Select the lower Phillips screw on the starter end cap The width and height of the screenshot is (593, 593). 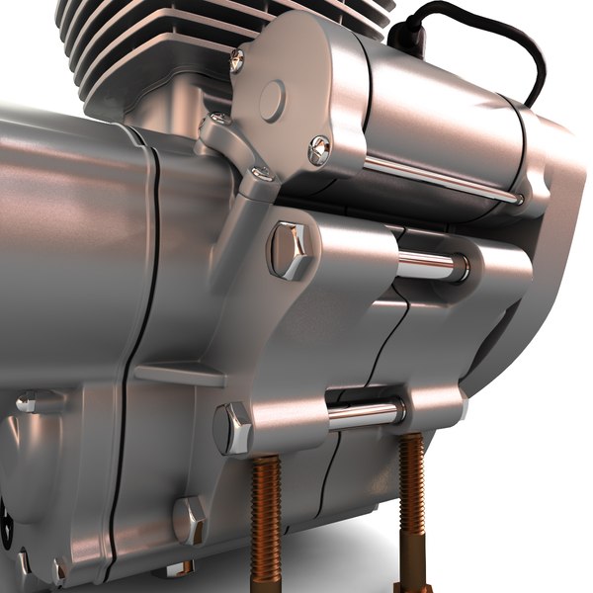click(x=318, y=150)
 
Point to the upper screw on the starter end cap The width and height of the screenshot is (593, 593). click(x=237, y=61)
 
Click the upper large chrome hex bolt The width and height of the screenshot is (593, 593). click(x=289, y=249)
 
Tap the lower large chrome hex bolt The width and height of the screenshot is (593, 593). click(x=234, y=428)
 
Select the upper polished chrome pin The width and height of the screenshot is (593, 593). click(x=431, y=264)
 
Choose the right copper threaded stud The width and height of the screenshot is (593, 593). click(x=411, y=504)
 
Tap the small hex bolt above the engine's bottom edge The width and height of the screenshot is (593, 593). click(x=189, y=520)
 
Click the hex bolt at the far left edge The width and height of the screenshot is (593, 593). click(x=30, y=400)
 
